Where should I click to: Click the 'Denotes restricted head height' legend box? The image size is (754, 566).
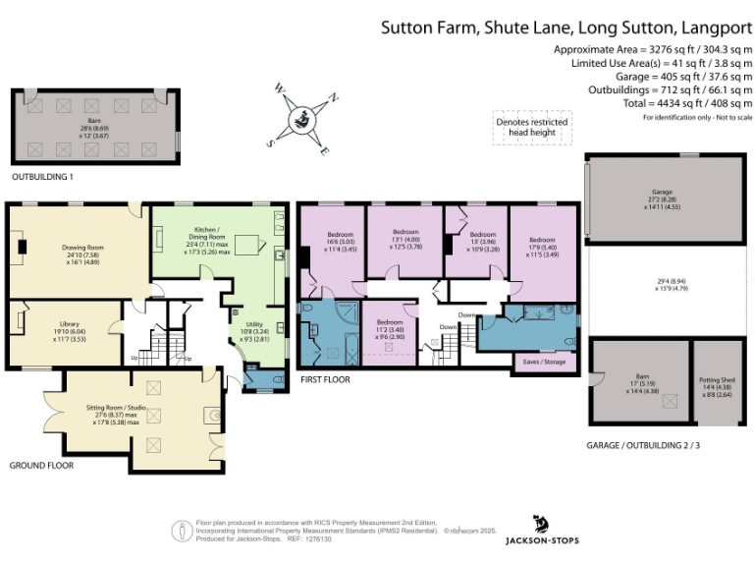[x=530, y=128]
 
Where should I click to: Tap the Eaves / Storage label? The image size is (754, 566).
[x=541, y=363]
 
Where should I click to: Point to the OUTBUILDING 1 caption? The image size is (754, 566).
[x=42, y=177]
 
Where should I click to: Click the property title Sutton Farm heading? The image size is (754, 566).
[x=564, y=28]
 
